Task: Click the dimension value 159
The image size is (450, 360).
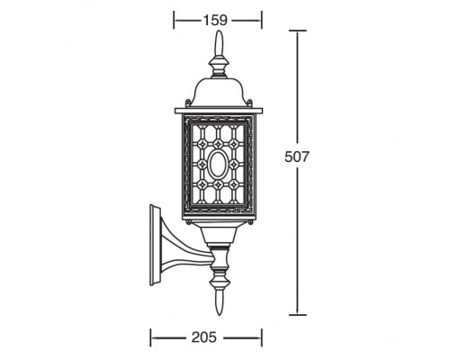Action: pyautogui.click(x=217, y=16)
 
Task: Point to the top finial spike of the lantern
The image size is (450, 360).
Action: pyautogui.click(x=218, y=45)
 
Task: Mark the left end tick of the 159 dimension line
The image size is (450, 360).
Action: pyautogui.click(x=174, y=17)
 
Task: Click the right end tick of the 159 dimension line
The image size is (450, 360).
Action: pyautogui.click(x=262, y=17)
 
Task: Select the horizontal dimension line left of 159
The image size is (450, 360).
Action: pyautogui.click(x=186, y=17)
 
